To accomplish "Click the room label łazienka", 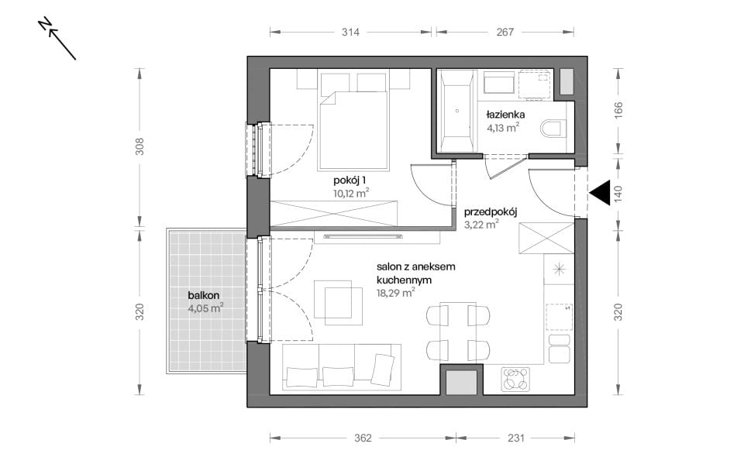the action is (505, 115).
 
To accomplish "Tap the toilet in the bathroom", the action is (553, 128).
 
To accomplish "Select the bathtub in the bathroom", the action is (456, 112).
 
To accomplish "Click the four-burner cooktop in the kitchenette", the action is (516, 379).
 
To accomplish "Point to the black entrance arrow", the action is (600, 193).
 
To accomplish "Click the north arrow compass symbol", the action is (57, 39).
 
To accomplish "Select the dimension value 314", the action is (350, 32).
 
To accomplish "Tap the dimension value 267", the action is (505, 32).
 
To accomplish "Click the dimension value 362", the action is (363, 438).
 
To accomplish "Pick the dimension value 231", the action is (516, 438).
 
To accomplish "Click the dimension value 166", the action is (618, 110).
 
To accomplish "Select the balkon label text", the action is (204, 295).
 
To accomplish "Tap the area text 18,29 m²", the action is (396, 293).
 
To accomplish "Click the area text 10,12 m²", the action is (351, 193).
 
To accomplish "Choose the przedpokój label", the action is (490, 212).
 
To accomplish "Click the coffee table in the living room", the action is (337, 303).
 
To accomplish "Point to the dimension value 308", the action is (139, 146).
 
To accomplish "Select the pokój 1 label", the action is (350, 180).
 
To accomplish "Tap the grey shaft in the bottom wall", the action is (461, 382).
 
